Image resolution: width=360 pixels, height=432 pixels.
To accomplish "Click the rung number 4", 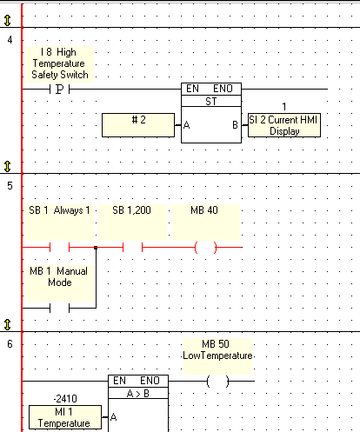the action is pos(10,40).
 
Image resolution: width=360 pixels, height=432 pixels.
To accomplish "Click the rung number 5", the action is pos(10,186).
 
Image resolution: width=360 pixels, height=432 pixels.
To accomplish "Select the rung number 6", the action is pos(10,344).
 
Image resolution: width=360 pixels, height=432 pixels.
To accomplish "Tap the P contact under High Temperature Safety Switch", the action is pos(59,90).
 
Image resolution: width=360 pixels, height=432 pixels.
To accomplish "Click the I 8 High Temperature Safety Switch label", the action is pos(60,63).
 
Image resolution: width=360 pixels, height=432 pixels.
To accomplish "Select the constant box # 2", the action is pos(138,125).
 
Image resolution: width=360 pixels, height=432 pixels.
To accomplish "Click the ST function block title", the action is pos(211,101).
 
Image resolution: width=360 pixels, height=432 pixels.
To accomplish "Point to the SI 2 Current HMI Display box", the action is pos(284,125).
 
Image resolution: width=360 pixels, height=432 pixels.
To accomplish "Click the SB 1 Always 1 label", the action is pos(59,210).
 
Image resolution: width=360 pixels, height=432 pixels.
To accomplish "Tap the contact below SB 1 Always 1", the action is pos(59,248).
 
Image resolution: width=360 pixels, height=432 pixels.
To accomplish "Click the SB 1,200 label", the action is pos(131,210).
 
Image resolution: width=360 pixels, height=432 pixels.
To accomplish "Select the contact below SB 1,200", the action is pos(132,248).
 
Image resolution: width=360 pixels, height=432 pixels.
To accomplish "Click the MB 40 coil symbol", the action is pos(205,248).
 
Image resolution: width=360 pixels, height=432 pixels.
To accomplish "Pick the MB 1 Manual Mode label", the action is pos(59,276).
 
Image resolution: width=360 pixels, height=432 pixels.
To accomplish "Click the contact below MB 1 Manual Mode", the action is pos(59,308).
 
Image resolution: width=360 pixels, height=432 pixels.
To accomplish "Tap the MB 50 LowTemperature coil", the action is pos(217,382).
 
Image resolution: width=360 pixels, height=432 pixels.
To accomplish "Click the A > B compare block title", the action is pos(138,394).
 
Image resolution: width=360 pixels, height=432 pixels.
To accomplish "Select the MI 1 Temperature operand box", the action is pos(65,417).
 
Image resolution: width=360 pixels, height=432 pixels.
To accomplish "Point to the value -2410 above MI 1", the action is pos(65,399).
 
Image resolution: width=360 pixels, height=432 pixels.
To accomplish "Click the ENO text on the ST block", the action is pos(223,89).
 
